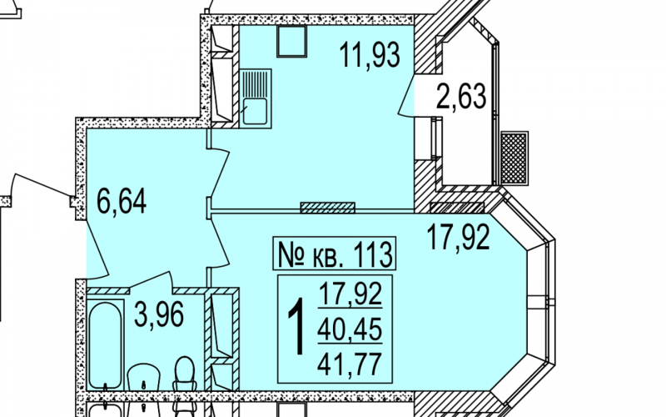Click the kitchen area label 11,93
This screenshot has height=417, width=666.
[370, 55]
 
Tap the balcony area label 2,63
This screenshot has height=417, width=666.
[461, 97]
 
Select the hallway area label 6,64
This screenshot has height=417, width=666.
[122, 201]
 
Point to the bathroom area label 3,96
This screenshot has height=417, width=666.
[159, 314]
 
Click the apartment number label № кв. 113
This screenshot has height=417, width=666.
[335, 254]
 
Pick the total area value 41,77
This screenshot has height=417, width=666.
[350, 364]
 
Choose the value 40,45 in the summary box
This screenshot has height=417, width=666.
[350, 329]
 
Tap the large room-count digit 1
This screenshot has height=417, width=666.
[297, 326]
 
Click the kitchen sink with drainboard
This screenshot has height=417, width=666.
[256, 98]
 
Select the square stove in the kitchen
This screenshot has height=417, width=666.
[292, 41]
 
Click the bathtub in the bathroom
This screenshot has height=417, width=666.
[106, 344]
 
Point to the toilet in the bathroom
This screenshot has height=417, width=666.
[184, 374]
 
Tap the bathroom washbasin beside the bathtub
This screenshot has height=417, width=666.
[144, 377]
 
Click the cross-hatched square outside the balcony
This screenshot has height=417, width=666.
[514, 158]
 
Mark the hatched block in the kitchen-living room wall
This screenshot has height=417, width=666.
[327, 208]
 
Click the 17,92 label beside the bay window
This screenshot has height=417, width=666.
[459, 238]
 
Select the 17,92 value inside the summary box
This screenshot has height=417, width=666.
[350, 294]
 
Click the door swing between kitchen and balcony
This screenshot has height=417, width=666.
[406, 95]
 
